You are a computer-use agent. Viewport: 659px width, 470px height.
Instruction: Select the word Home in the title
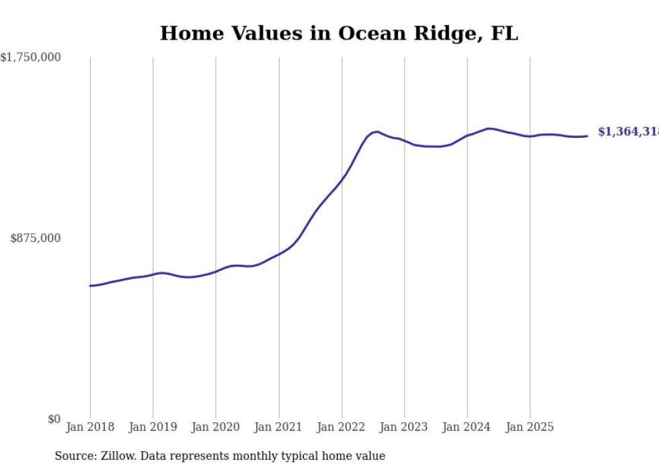pyautogui.click(x=187, y=34)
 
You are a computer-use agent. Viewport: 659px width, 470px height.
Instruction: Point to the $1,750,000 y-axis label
pyautogui.click(x=31, y=58)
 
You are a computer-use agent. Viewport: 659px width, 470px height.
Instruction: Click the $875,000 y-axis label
pyautogui.click(x=36, y=238)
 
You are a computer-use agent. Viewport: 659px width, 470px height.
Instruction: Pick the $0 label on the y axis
pyautogui.click(x=54, y=419)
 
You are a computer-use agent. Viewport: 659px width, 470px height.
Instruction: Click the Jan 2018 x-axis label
pyautogui.click(x=90, y=427)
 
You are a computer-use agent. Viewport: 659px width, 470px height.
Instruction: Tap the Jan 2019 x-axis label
pyautogui.click(x=153, y=427)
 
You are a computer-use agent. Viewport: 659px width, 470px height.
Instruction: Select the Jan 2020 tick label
pyautogui.click(x=216, y=427)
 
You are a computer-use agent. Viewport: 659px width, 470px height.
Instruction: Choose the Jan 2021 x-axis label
pyautogui.click(x=278, y=427)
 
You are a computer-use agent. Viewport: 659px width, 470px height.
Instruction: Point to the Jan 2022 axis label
pyautogui.click(x=342, y=427)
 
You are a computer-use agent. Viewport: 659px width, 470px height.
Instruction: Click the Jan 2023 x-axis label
pyautogui.click(x=404, y=427)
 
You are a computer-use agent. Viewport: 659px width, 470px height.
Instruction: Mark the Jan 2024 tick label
pyautogui.click(x=467, y=427)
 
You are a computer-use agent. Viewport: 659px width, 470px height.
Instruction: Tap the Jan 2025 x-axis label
pyautogui.click(x=530, y=427)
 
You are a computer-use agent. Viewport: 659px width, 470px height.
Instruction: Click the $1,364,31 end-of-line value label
pyautogui.click(x=628, y=132)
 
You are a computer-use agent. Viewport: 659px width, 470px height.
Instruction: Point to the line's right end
pyautogui.click(x=588, y=136)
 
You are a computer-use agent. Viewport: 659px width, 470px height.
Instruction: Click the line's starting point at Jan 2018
pyautogui.click(x=90, y=286)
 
